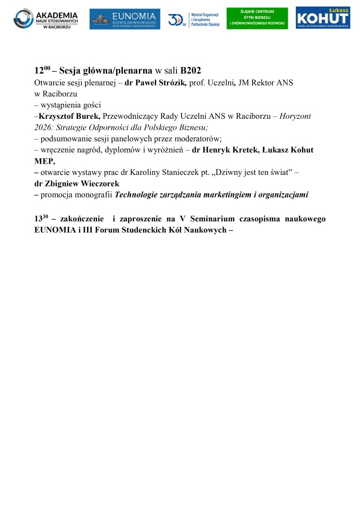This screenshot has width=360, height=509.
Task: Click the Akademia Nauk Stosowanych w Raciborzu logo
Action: pyautogui.click(x=46, y=18)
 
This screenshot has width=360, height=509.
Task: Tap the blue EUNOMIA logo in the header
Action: pyautogui.click(x=125, y=19)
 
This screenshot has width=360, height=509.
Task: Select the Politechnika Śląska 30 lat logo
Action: pyautogui.click(x=193, y=19)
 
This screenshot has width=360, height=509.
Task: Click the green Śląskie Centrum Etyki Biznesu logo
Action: pyautogui.click(x=257, y=18)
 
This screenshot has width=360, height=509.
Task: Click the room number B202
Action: pyautogui.click(x=190, y=70)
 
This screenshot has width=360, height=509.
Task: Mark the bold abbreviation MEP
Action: pyautogui.click(x=44, y=161)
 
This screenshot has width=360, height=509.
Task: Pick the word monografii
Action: pyautogui.click(x=95, y=195)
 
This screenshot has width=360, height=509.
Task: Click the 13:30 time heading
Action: pyautogui.click(x=41, y=219)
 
